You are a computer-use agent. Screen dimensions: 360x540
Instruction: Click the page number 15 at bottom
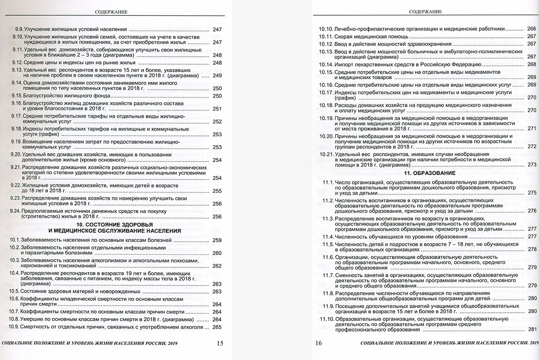tap(220, 343)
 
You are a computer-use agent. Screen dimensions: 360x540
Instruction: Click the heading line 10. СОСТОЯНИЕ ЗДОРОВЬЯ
tap(113, 224)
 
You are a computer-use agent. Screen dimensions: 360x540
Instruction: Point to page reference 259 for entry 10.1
tap(217, 240)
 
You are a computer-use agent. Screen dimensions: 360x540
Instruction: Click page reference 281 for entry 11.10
tap(532, 330)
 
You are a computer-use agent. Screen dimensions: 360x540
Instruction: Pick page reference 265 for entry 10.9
tap(217, 327)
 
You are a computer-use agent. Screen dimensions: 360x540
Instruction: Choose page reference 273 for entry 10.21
tap(532, 165)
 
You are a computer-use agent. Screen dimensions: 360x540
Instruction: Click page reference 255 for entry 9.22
tap(217, 191)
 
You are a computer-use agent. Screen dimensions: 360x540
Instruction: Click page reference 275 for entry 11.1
tap(532, 193)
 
